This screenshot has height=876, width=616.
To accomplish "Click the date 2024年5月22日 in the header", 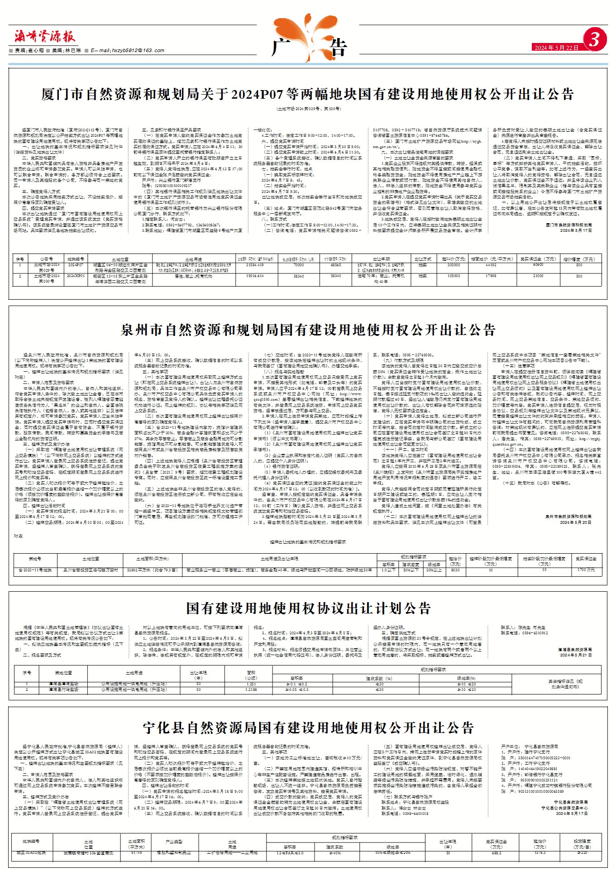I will pyautogui.click(x=556, y=48).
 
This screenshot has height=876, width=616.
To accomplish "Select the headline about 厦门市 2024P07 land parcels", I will pyautogui.click(x=307, y=94).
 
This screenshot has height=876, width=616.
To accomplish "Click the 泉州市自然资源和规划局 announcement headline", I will pyautogui.click(x=308, y=330).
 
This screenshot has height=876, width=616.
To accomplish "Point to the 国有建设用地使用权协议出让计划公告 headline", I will pyautogui.click(x=308, y=608).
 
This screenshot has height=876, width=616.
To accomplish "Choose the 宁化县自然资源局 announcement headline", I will pyautogui.click(x=308, y=728).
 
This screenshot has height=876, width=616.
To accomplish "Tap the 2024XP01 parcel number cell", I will pyautogui.click(x=76, y=276).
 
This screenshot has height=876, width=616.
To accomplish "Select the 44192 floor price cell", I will pyautogui.click(x=491, y=265).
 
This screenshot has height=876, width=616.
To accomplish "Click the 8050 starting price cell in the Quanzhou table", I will pyautogui.click(x=455, y=570).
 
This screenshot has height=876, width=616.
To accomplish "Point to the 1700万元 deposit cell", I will pyautogui.click(x=586, y=570).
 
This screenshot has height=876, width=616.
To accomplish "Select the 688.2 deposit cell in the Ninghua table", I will pyautogui.click(x=497, y=853).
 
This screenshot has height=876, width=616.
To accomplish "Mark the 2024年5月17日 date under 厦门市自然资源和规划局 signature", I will pyautogui.click(x=576, y=230).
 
